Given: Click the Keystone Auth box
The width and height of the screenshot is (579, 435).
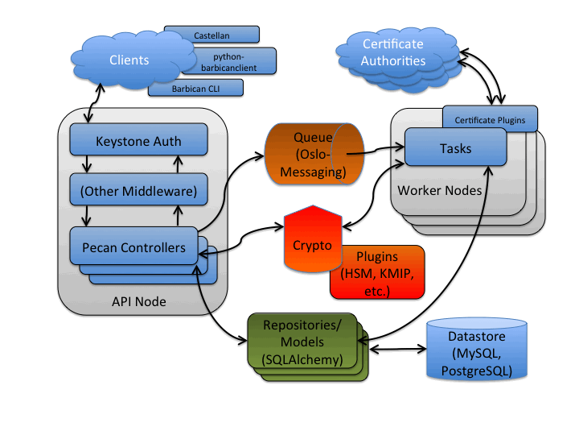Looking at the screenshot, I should [138, 141].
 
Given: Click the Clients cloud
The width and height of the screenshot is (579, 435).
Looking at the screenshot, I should [129, 60].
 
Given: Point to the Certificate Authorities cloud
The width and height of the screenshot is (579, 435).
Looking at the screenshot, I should [393, 53].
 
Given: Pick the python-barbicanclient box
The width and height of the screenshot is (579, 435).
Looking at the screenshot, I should [235, 62].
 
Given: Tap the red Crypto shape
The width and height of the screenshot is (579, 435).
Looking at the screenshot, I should [312, 244].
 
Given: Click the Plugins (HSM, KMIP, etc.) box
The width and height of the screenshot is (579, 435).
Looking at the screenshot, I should [376, 272].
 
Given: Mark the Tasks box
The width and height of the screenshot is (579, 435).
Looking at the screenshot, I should [456, 149].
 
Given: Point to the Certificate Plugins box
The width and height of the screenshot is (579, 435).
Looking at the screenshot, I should [490, 120].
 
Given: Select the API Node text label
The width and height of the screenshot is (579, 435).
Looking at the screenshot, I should [138, 301].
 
